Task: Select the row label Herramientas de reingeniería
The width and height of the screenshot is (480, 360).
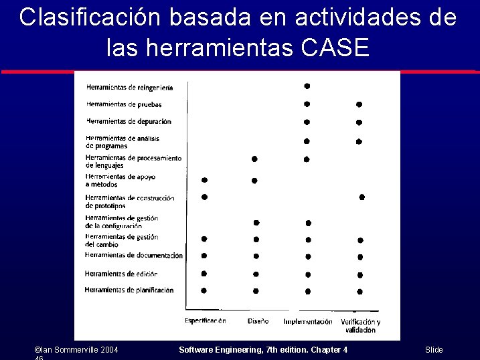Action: pyautogui.click(x=129, y=87)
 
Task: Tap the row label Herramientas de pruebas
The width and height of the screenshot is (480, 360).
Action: pyautogui.click(x=124, y=104)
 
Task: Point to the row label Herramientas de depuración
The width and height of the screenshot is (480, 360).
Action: pyautogui.click(x=129, y=122)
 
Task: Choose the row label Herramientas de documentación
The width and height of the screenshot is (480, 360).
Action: pyautogui.click(x=134, y=255)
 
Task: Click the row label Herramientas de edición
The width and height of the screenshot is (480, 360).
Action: pyautogui.click(x=121, y=274)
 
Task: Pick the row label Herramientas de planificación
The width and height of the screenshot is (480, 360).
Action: pyautogui.click(x=129, y=290)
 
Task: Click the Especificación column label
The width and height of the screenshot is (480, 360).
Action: pyautogui.click(x=205, y=321)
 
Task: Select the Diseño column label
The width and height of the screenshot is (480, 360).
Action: pyautogui.click(x=258, y=321)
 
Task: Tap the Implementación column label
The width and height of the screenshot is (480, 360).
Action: pyautogui.click(x=308, y=322)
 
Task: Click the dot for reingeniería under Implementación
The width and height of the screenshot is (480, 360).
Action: pyautogui.click(x=307, y=86)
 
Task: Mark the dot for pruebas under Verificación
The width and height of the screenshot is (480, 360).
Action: pyautogui.click(x=359, y=104)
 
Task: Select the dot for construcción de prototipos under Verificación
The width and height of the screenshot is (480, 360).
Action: pyautogui.click(x=362, y=197)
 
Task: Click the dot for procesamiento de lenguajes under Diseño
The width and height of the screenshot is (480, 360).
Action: pyautogui.click(x=254, y=159)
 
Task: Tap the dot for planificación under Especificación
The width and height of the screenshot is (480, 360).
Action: pyautogui.click(x=204, y=290)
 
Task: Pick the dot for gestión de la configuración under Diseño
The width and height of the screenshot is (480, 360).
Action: pyautogui.click(x=256, y=223)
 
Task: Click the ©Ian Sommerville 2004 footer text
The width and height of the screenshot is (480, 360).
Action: pyautogui.click(x=76, y=350)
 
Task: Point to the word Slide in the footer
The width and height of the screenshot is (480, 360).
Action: pyautogui.click(x=434, y=350)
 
